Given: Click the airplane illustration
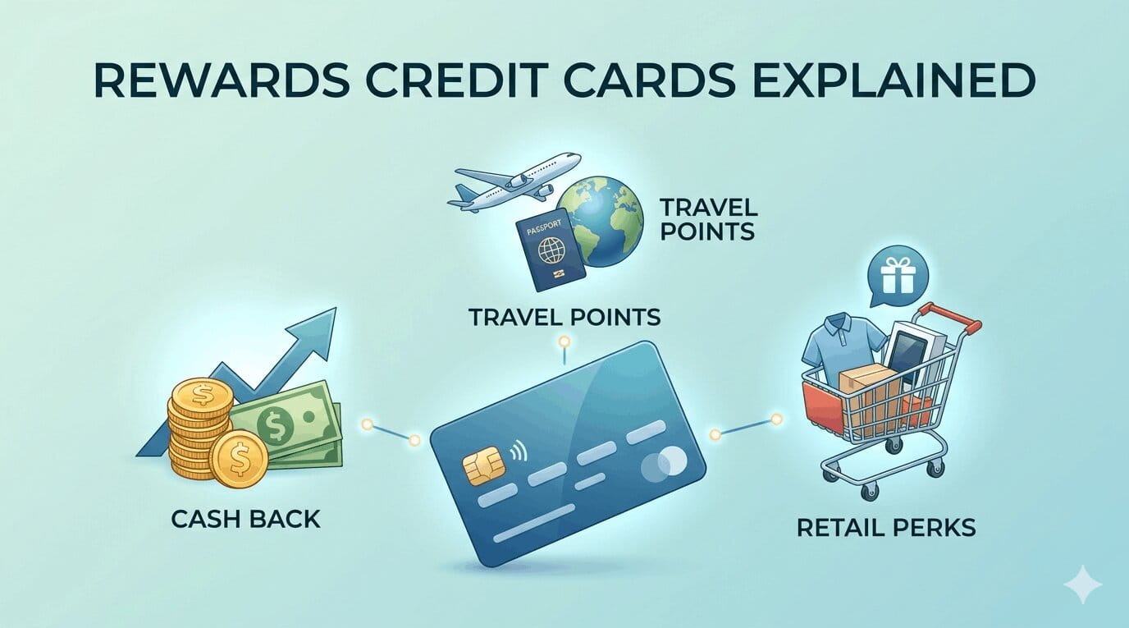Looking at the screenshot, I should click(518, 183).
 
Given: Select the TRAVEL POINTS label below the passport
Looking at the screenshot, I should click(564, 317).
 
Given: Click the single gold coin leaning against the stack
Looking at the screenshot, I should click(239, 459).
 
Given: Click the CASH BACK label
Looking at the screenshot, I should click(246, 519).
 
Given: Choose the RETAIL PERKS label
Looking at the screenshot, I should click(886, 526).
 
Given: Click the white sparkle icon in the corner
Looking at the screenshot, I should click(1083, 584).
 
